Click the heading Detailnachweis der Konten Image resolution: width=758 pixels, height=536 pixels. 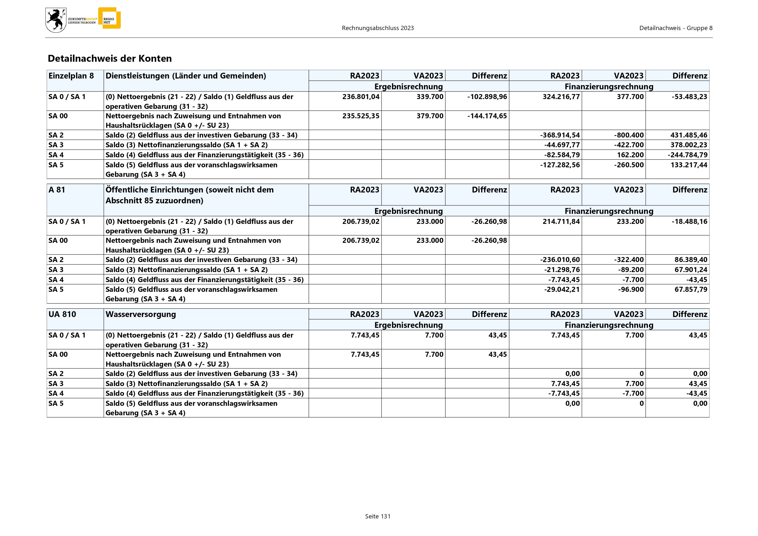pos(110,59)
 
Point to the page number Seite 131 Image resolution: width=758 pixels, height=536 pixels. pos(378,516)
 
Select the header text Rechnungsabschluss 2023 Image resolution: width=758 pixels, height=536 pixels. pos(378,28)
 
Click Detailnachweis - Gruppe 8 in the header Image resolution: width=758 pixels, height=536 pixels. pos(675,28)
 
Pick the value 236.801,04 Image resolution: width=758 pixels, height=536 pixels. pos(361,97)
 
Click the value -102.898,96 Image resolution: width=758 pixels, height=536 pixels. pos(487,97)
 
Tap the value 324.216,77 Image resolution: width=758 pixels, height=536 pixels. pos(561,97)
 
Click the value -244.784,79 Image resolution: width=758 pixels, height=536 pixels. pos(687,155)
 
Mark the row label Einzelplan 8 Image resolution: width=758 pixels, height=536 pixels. pos(71,76)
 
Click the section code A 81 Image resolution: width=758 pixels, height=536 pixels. pos(57,190)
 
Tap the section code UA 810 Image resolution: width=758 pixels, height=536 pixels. pos(62,314)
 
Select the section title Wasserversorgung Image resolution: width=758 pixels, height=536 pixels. pos(141,314)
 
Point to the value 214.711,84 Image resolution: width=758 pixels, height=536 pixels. pos(561,221)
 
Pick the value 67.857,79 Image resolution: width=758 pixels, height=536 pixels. pos(691,289)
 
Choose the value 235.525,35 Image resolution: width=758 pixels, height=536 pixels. pos(361,116)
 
